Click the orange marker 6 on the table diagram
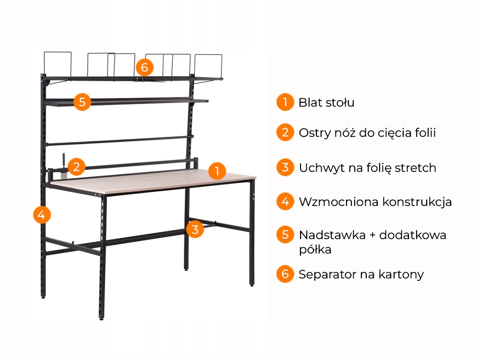[144, 66]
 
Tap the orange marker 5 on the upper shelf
[83, 102]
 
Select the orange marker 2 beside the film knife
[76, 167]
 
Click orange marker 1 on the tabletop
[217, 171]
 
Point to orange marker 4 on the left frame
[42, 214]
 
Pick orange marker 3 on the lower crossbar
[194, 229]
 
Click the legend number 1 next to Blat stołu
[285, 102]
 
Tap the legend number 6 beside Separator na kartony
[285, 274]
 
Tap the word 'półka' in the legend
[315, 250]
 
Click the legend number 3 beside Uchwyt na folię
[285, 168]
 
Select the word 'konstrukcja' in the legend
[417, 202]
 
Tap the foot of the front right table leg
[252, 285]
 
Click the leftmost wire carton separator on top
[58, 64]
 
